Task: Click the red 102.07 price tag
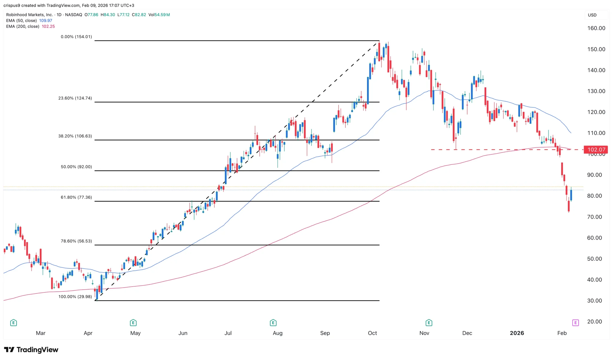tap(596, 149)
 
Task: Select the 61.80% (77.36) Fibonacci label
tap(76, 197)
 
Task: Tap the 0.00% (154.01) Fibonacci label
tap(76, 37)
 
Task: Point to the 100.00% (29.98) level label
tap(75, 297)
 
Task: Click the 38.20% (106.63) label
tap(75, 136)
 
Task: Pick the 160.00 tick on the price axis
tap(596, 28)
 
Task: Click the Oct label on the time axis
tap(372, 333)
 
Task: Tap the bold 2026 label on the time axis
tap(517, 333)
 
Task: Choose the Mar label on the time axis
tap(41, 333)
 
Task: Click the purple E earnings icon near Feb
tap(575, 323)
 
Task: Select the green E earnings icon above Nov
tap(429, 323)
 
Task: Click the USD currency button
tap(592, 15)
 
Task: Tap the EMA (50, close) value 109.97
tap(45, 21)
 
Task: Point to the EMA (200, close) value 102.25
tap(48, 26)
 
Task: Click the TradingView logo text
tap(37, 350)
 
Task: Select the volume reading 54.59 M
tap(162, 15)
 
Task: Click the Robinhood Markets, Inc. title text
tap(29, 15)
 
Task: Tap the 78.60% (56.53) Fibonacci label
tap(76, 241)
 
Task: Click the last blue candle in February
tap(571, 195)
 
